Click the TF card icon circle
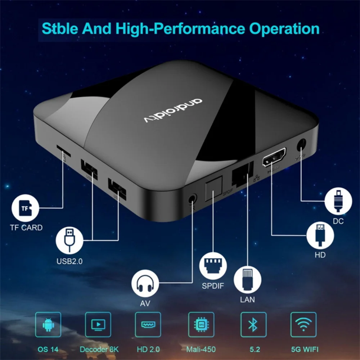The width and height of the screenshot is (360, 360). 25,208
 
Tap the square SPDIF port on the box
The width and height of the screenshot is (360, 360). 213,190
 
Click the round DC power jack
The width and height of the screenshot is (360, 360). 301,146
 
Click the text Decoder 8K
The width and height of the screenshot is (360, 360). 99,349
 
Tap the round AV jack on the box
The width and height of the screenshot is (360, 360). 193,199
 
